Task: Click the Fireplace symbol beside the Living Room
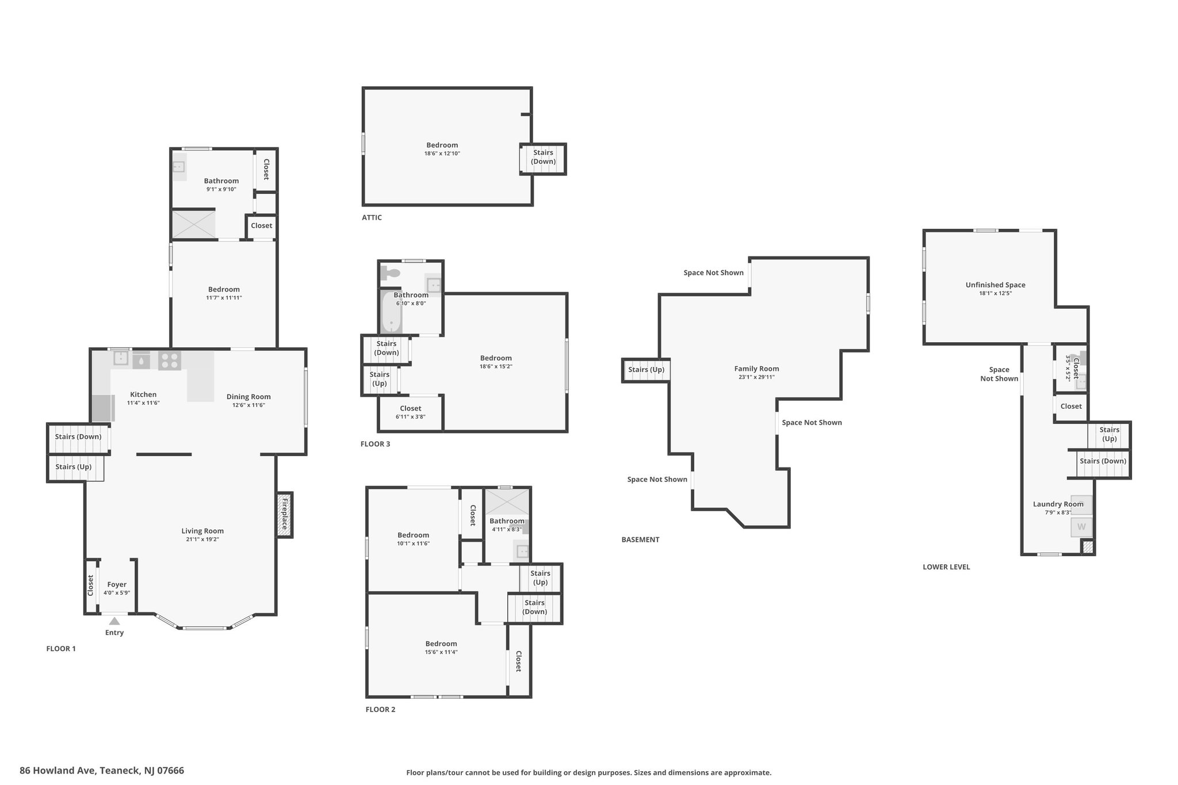click(x=284, y=515)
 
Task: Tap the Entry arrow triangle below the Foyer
click(x=114, y=621)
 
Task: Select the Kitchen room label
click(x=143, y=395)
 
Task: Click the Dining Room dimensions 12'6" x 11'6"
click(x=248, y=405)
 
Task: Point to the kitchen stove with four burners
click(x=170, y=361)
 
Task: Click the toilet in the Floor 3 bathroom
click(x=391, y=273)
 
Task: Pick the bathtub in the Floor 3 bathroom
click(x=391, y=311)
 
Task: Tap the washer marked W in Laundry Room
click(x=1081, y=527)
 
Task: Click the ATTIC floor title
click(x=372, y=217)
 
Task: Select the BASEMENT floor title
click(x=640, y=539)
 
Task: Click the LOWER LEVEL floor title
click(x=946, y=566)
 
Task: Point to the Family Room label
click(x=756, y=369)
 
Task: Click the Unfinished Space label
click(x=995, y=285)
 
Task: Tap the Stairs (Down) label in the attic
click(x=543, y=157)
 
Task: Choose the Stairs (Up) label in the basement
click(x=647, y=369)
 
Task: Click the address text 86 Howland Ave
click(x=58, y=770)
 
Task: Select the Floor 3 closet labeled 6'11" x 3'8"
click(x=411, y=412)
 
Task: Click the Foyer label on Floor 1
click(x=117, y=584)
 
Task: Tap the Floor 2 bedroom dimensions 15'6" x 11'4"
click(x=441, y=652)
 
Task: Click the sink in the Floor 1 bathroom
click(x=179, y=167)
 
